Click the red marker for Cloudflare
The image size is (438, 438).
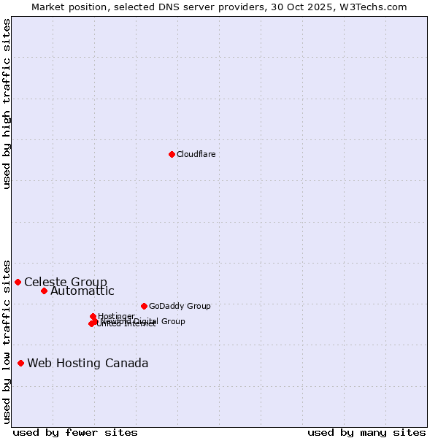(172, 154)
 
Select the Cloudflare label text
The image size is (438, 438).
(196, 154)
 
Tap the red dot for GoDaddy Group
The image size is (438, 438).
(144, 306)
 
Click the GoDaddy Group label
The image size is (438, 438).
(180, 306)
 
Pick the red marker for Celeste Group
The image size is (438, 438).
(18, 282)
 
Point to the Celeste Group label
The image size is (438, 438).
(66, 282)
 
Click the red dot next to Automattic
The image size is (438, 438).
(44, 291)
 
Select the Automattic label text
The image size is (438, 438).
(82, 291)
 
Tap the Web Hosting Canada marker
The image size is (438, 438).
(20, 363)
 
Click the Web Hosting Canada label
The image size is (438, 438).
(88, 363)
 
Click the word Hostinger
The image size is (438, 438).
(116, 316)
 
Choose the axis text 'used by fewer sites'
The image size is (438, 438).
(75, 432)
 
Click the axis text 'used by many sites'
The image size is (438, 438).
(366, 432)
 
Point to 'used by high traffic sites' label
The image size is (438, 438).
(7, 104)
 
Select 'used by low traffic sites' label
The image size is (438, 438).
(7, 341)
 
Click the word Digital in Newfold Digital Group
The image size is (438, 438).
(146, 321)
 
